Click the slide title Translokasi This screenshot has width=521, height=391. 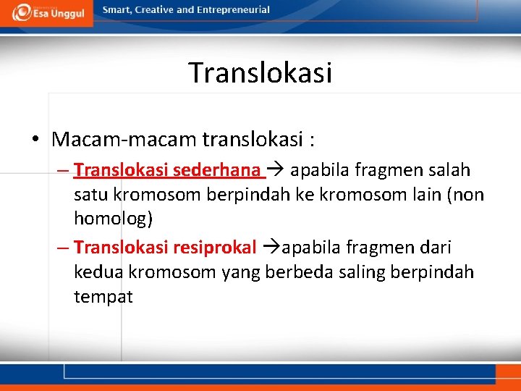pos(260,72)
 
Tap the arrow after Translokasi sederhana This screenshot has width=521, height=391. pos(276,170)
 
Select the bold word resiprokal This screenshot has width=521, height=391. pos(214,248)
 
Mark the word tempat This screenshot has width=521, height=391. pos(103,296)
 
